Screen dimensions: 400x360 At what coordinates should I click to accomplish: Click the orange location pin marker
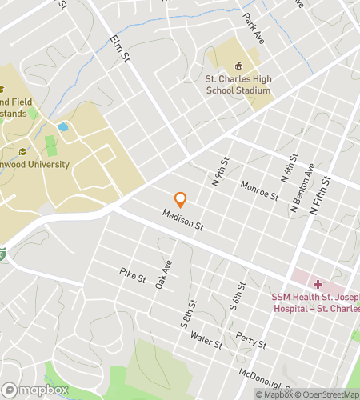coord(181,199)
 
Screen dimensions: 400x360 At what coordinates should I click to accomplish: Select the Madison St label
coord(183,220)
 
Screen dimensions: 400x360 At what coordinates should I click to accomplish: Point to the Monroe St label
coord(259,190)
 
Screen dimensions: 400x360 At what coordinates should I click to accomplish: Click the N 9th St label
coord(220,172)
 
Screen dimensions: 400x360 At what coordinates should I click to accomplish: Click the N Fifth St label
coord(320,199)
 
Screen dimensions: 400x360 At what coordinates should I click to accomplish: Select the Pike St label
coord(133,278)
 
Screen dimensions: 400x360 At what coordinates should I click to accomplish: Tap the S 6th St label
coord(238,297)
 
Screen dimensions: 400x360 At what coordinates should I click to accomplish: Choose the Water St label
coord(206,341)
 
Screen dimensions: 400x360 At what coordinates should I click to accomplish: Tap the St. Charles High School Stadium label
coord(238,85)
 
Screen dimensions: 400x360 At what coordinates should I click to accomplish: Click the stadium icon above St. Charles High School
coord(238,66)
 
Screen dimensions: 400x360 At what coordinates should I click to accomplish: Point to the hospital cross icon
coord(318,284)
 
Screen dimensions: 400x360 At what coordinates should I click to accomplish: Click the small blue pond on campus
coord(62,126)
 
